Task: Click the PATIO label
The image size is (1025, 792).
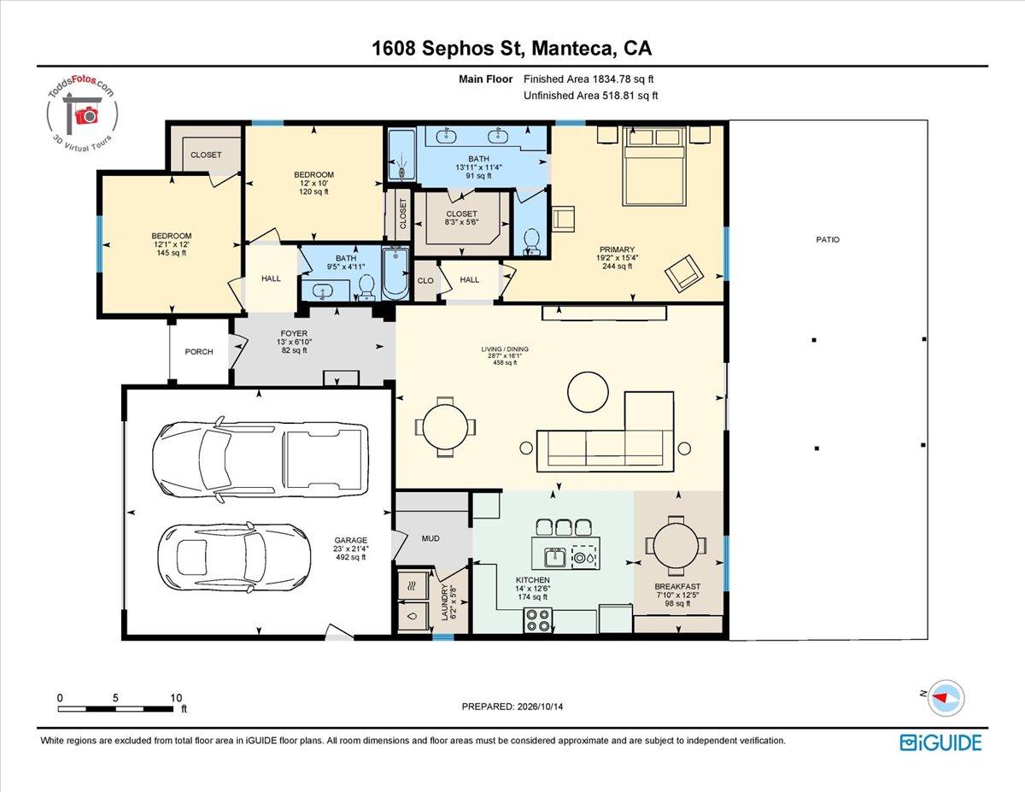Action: tap(828, 239)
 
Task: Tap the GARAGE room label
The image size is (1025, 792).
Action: tap(350, 540)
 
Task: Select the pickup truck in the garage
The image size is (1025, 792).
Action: tap(261, 460)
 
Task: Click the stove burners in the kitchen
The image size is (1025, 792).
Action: tap(538, 620)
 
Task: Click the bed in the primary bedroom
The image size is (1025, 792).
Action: tap(653, 166)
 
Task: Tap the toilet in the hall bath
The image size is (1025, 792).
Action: tap(366, 288)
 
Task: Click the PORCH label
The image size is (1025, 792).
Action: tap(198, 352)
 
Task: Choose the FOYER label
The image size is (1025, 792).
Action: tap(294, 333)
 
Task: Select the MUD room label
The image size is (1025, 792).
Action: tap(430, 538)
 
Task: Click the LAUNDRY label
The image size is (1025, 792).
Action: tap(444, 602)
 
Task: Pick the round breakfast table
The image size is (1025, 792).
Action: tap(676, 546)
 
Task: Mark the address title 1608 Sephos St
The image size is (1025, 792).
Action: tap(448, 49)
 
